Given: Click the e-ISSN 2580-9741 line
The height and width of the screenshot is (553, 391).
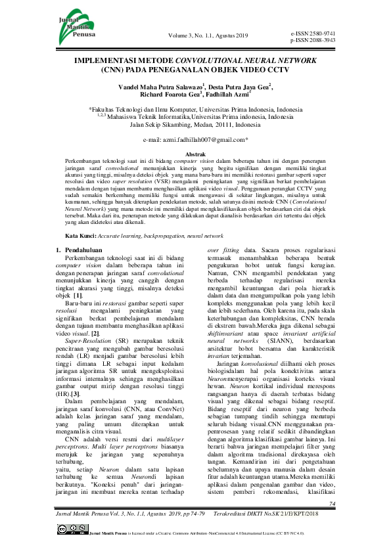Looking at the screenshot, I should pyautogui.click(x=312, y=32).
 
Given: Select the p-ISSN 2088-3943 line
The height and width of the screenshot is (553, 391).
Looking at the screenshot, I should pyautogui.click(x=312, y=40).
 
